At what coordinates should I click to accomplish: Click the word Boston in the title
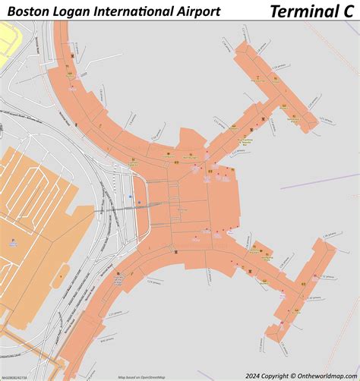(x=28, y=11)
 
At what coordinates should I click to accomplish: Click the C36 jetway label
(x=328, y=238)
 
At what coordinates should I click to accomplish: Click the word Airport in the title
(x=198, y=11)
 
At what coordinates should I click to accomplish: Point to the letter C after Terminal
(x=346, y=11)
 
